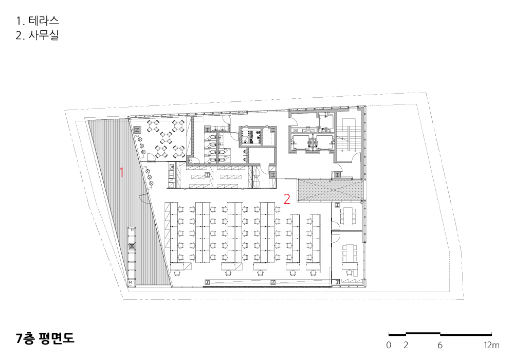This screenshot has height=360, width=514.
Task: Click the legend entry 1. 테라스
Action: [38, 21]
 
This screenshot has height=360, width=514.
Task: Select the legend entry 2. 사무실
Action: [37, 35]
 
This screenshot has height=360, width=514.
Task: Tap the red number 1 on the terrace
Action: [122, 172]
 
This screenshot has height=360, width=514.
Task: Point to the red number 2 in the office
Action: [287, 199]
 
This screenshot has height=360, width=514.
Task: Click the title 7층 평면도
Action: [45, 338]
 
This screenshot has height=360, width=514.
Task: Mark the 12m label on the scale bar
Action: [491, 345]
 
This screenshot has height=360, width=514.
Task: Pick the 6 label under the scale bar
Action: [440, 345]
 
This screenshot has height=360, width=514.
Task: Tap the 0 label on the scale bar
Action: [389, 345]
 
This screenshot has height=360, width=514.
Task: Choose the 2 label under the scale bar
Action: [406, 345]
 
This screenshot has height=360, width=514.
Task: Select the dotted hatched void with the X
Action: [330, 190]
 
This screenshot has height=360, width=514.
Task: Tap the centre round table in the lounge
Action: [166, 137]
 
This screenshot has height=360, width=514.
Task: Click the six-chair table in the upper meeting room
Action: [347, 215]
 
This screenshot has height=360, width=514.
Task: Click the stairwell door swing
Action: [351, 158]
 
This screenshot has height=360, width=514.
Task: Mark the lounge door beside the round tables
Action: [152, 159]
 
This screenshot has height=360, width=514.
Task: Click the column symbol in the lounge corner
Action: [137, 130]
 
